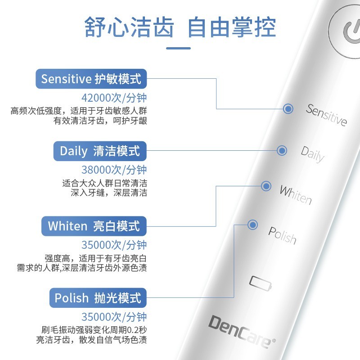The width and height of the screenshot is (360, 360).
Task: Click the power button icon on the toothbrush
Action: click(351, 32)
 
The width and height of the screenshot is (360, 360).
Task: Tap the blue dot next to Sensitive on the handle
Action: click(288, 108)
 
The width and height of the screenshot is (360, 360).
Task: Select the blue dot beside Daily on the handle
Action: click(282, 151)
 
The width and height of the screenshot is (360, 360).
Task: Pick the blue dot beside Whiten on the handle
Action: click(266, 186)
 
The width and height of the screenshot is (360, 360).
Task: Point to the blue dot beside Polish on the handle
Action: click(252, 225)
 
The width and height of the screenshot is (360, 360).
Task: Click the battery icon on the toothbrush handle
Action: click(261, 283)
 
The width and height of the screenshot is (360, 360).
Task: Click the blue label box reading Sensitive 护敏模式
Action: click(91, 79)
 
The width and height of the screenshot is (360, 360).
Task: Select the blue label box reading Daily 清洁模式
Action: click(100, 151)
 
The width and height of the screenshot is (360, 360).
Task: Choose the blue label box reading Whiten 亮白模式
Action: click(94, 226)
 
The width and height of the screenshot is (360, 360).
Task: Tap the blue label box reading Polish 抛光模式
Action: click(98, 298)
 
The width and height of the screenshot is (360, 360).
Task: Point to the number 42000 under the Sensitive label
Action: click(96, 98)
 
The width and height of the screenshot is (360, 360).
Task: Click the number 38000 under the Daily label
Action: click(96, 170)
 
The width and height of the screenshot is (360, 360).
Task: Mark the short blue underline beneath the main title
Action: click(178, 48)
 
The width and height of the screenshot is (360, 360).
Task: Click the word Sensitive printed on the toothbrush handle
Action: click(326, 115)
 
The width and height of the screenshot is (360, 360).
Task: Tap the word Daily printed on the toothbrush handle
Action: click(312, 154)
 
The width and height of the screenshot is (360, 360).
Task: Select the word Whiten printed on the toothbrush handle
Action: click(296, 195)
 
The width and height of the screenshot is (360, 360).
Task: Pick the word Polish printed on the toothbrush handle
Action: click(282, 235)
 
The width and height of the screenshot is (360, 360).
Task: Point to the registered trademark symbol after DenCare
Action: click(274, 341)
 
